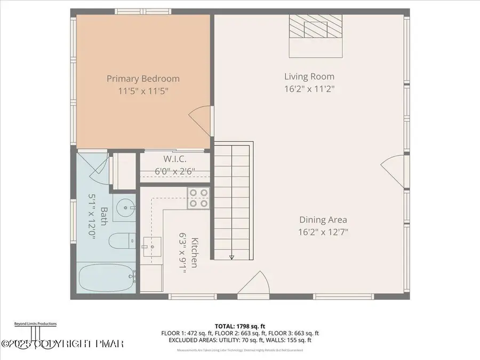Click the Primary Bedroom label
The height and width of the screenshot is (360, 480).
point(143,78)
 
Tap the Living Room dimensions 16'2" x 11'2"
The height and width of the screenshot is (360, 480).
point(309,89)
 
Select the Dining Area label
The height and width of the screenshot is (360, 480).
point(323,219)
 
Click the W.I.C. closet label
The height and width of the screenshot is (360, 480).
point(174,159)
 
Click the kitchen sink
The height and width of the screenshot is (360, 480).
point(153,247)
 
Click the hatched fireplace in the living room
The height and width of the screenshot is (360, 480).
point(315,26)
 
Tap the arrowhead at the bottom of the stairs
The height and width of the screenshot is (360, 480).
point(231,257)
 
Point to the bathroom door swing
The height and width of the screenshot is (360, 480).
point(96,164)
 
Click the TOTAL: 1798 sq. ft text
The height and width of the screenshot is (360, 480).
point(239,325)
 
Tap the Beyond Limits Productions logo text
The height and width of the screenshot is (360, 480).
point(35,324)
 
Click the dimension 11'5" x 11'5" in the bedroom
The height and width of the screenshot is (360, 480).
point(143,91)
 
